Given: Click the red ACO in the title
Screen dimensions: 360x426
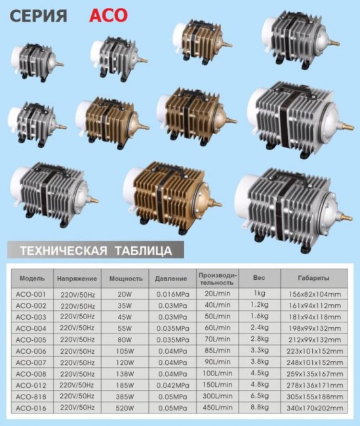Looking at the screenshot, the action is (108, 15).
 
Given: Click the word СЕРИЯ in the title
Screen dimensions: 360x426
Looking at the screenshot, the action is (38, 16).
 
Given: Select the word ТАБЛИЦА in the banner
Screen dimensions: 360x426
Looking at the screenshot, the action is (144, 251).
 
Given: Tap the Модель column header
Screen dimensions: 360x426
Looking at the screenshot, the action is (32, 279).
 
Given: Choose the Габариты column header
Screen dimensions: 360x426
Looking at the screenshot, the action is (314, 278).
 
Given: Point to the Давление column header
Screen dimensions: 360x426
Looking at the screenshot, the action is (171, 279).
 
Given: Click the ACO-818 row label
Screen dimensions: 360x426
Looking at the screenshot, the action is (31, 397).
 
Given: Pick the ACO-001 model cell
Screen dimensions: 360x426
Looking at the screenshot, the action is (31, 294).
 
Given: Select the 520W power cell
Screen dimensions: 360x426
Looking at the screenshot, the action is (125, 408).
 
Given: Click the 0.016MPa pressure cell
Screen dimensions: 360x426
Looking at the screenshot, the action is (172, 294).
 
